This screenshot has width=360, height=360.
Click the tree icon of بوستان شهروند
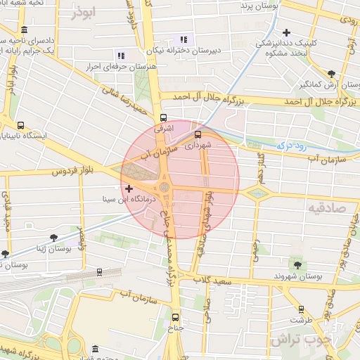click(x=297, y=265)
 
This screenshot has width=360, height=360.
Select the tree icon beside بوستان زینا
click(x=6, y=254)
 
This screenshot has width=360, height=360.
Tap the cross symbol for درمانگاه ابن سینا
click(x=129, y=188)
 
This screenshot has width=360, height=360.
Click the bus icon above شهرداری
click(x=197, y=134)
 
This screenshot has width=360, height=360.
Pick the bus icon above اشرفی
click(x=164, y=117)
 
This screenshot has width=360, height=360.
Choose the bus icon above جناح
click(x=175, y=316)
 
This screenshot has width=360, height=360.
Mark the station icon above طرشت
click(x=301, y=309)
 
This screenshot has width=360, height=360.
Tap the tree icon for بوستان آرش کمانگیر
click(x=331, y=72)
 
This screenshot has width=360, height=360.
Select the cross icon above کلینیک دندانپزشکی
click(x=286, y=32)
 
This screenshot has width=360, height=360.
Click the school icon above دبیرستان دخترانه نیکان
click(x=184, y=40)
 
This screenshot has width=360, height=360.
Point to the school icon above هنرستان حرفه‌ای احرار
click(x=121, y=56)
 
